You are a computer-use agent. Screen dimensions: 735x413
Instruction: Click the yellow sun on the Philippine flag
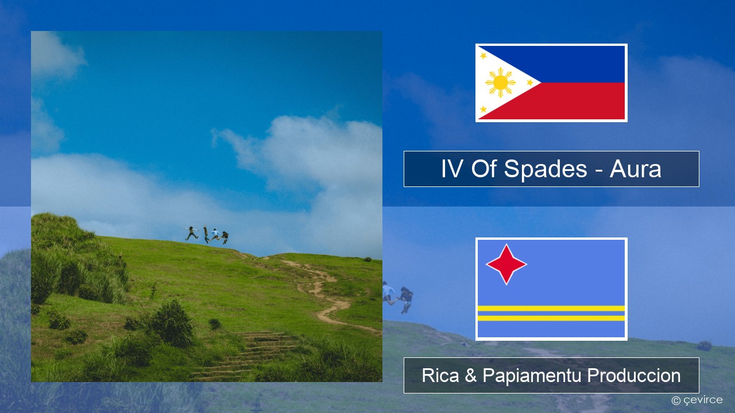tap(500, 83)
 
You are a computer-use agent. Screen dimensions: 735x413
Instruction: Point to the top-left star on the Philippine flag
tap(483, 56)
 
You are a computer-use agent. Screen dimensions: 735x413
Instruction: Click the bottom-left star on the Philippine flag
tap(483, 109)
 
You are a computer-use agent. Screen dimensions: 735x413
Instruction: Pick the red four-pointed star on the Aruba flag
tap(506, 264)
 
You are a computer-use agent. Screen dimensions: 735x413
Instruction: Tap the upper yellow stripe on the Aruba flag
tap(551, 308)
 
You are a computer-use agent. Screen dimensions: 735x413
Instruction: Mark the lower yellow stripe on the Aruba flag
tap(551, 318)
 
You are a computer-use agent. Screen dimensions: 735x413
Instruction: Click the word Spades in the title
tap(546, 169)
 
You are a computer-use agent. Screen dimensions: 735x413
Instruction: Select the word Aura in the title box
tap(635, 169)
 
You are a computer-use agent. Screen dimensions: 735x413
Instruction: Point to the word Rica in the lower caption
tap(440, 376)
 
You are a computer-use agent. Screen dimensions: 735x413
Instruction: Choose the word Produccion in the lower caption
tap(634, 376)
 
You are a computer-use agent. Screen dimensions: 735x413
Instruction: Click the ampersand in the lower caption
tap(470, 376)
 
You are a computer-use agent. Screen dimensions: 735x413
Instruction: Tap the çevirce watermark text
tap(702, 400)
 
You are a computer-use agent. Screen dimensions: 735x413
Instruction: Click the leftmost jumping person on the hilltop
tap(191, 233)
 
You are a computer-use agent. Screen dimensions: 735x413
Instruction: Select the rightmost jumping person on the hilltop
tap(225, 237)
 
